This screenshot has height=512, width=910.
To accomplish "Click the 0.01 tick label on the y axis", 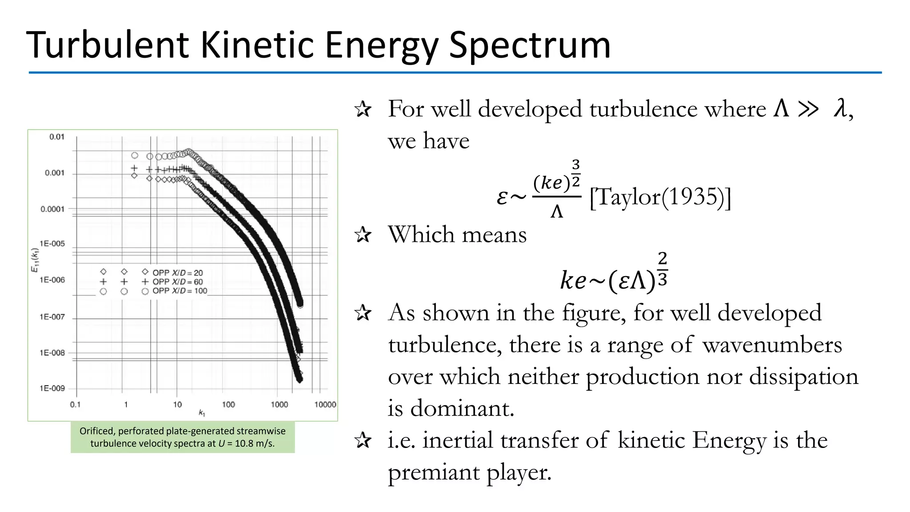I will [57, 137].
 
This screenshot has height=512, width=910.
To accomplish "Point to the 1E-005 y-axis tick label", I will [52, 244].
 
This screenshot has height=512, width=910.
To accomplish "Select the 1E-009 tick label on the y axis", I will [52, 388].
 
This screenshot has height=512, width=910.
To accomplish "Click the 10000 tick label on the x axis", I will [325, 404].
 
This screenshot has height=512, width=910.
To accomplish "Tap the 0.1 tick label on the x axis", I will [76, 404].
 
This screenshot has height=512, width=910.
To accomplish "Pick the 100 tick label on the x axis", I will [228, 404].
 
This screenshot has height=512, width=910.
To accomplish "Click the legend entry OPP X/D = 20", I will [177, 272].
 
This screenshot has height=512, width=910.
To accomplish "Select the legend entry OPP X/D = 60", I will [177, 282].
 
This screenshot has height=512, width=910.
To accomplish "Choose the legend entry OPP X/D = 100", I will [180, 291].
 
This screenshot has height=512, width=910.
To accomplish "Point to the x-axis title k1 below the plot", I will [202, 413].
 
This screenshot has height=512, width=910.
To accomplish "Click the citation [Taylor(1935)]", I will [660, 197].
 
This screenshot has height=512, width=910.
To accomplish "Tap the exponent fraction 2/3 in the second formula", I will [662, 269].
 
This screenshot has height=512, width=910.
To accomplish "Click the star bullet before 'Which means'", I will [363, 235].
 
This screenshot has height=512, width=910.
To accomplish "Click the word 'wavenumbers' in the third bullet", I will [772, 345].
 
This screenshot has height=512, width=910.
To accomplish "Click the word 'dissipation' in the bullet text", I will [804, 377].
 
